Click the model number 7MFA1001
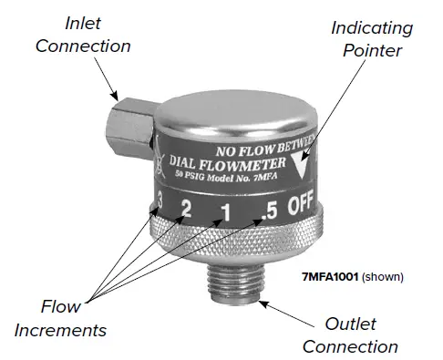(326, 275)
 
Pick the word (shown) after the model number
(381, 275)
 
